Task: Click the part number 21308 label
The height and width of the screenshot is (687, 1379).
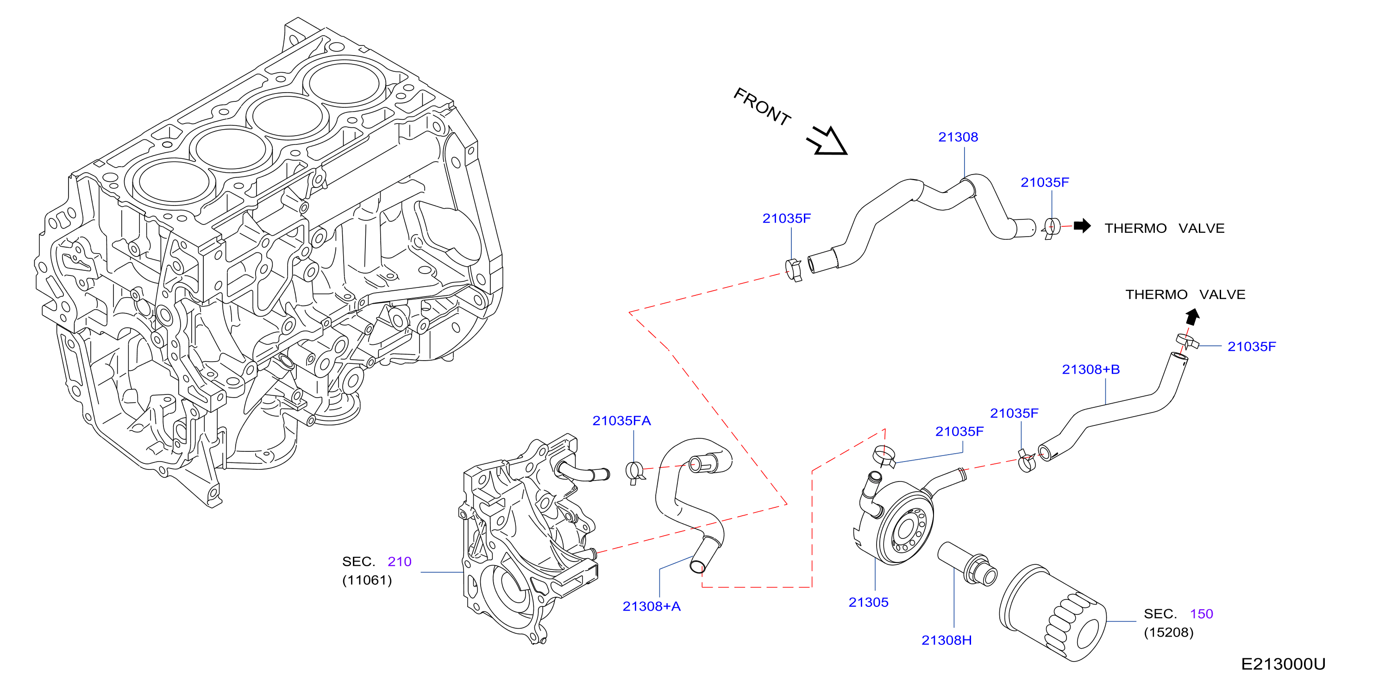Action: (x=958, y=137)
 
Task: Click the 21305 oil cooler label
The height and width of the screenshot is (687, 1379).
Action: (x=868, y=602)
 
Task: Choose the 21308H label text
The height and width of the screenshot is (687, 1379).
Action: (x=946, y=640)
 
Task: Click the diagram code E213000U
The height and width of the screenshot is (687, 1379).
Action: (x=1283, y=664)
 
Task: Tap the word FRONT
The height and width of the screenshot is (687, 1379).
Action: (x=762, y=106)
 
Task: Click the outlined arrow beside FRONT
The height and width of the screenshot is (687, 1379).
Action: (x=827, y=141)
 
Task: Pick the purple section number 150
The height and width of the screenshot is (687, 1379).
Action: (x=1201, y=614)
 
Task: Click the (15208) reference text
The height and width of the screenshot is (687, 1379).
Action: (x=1169, y=632)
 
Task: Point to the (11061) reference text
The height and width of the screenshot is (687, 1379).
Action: (x=367, y=580)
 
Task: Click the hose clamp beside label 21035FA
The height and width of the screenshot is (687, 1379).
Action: (x=634, y=472)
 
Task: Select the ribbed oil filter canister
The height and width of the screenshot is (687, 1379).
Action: (x=1053, y=613)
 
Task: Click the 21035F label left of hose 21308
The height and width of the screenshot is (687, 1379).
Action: (x=786, y=219)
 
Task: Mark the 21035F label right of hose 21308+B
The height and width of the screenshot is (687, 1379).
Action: (x=1252, y=346)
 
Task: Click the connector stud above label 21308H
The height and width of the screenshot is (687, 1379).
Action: (x=967, y=564)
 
